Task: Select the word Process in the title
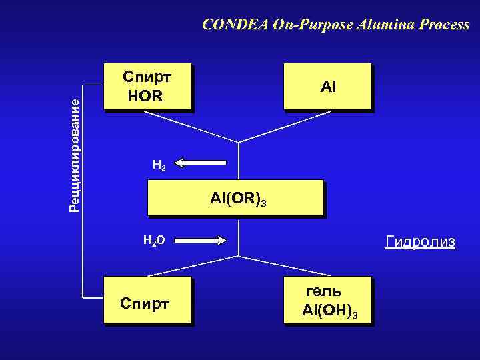(x=445, y=25)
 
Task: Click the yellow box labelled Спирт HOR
(x=147, y=86)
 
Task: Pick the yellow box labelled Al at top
(x=327, y=86)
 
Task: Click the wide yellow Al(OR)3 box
(x=235, y=198)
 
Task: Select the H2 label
(x=159, y=166)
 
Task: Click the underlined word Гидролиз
(x=420, y=241)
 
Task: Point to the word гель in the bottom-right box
(x=324, y=291)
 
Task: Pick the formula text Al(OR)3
(x=238, y=199)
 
